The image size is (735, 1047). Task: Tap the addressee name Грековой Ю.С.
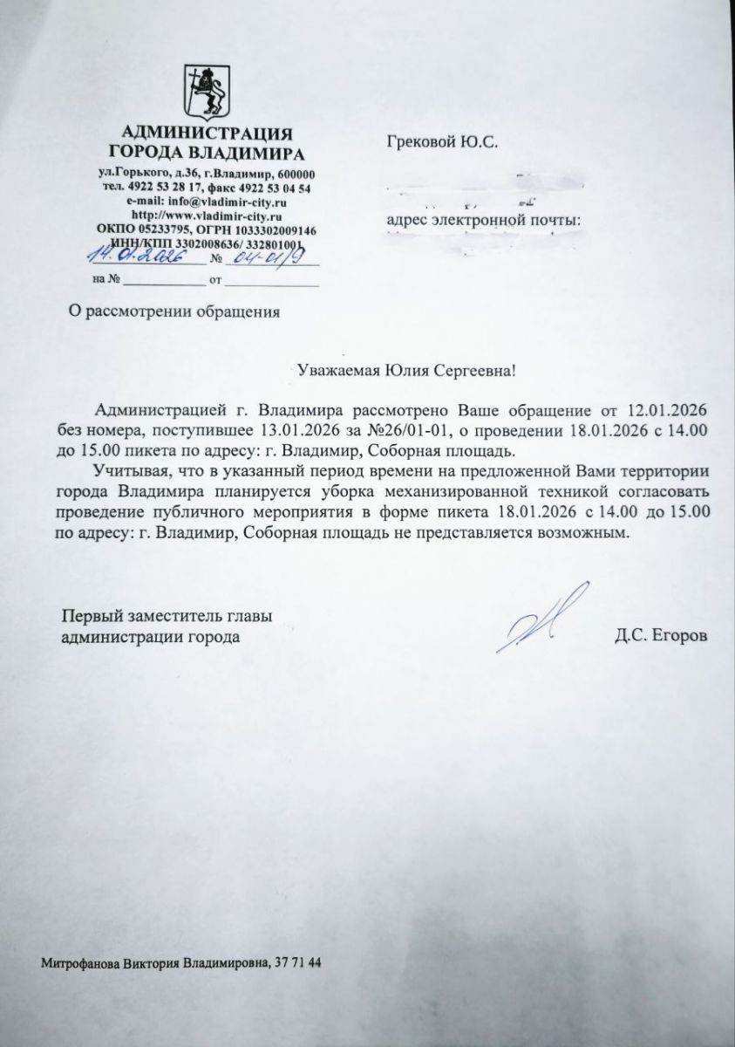pos(441,141)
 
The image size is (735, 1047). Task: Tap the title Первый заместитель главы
pos(167,617)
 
